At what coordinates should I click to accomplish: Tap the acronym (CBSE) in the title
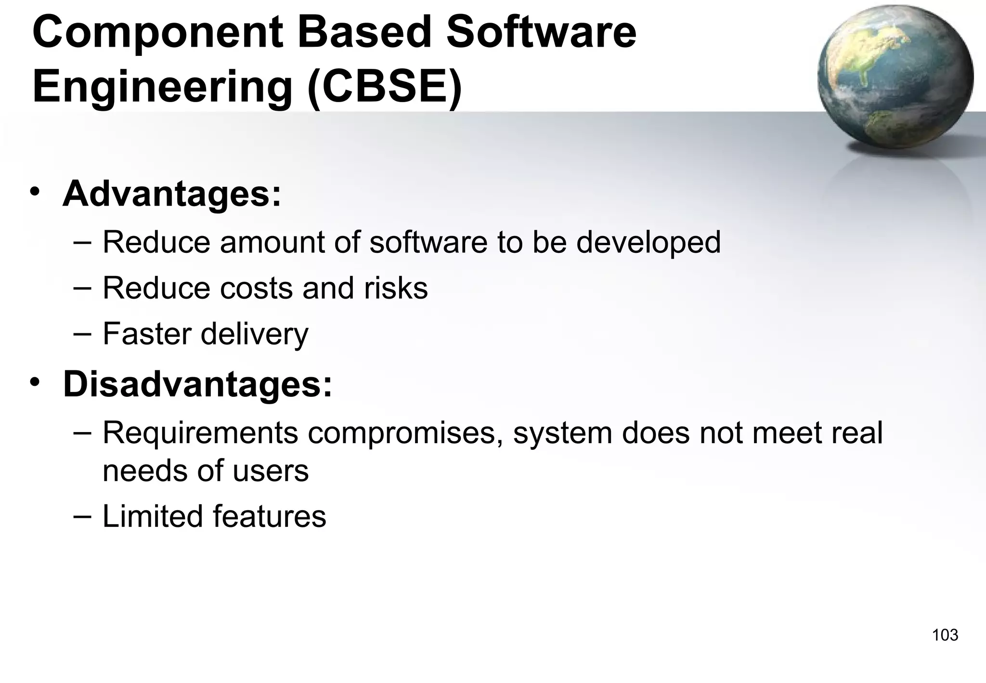[385, 87]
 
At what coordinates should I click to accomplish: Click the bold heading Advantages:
[171, 194]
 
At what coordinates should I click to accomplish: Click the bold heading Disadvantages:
[197, 384]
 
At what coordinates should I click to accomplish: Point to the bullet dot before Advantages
[35, 192]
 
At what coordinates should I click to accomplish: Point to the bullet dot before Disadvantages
[35, 383]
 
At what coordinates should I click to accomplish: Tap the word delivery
[254, 334]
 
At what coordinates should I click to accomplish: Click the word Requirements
[200, 433]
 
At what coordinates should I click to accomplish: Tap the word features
[270, 516]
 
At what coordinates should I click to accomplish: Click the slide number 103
[945, 635]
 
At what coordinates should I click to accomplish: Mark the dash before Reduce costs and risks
[82, 286]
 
